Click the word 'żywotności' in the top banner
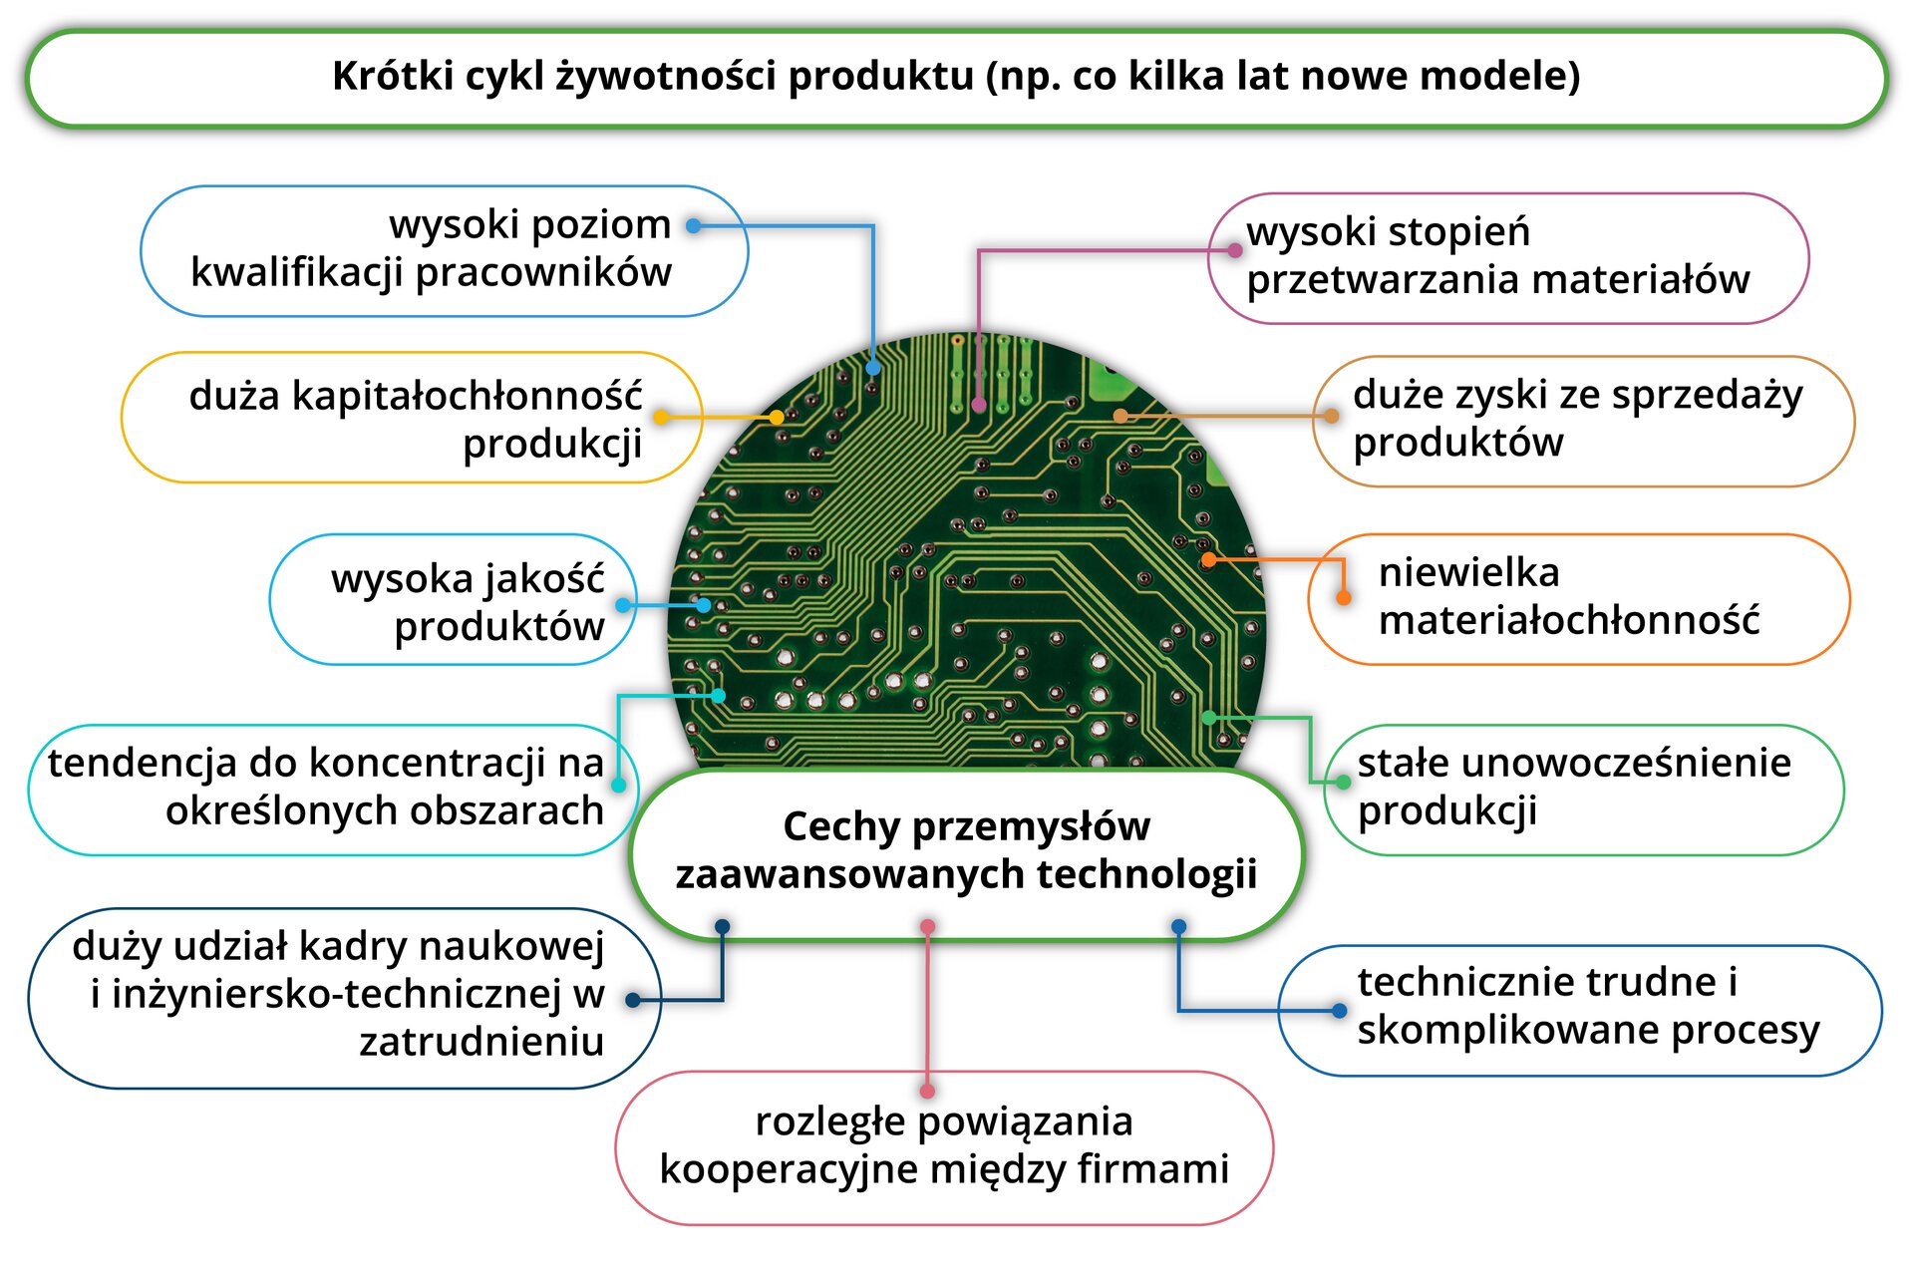[x=665, y=77]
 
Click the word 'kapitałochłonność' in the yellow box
[x=415, y=396]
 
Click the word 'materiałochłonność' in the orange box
[x=1568, y=620]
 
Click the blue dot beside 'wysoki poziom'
[x=694, y=226]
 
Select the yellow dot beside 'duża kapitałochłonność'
[x=660, y=417]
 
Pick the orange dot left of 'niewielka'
[x=1343, y=597]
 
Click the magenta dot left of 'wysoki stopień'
[x=1234, y=250]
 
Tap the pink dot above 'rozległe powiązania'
[x=927, y=1091]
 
